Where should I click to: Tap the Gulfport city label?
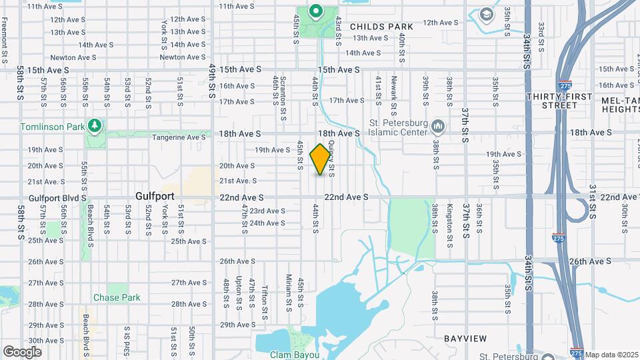pos(155,197)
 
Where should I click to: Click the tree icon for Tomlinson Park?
pos(95,125)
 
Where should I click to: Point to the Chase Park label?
pos(115,297)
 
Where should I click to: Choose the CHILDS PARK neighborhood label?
pos(381,27)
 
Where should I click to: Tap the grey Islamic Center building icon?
pos(438,126)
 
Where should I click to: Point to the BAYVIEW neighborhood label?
pos(467,339)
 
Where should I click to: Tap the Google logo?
pos(23,351)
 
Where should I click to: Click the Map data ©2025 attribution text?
pos(611,355)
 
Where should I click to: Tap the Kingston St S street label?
pos(451,219)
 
